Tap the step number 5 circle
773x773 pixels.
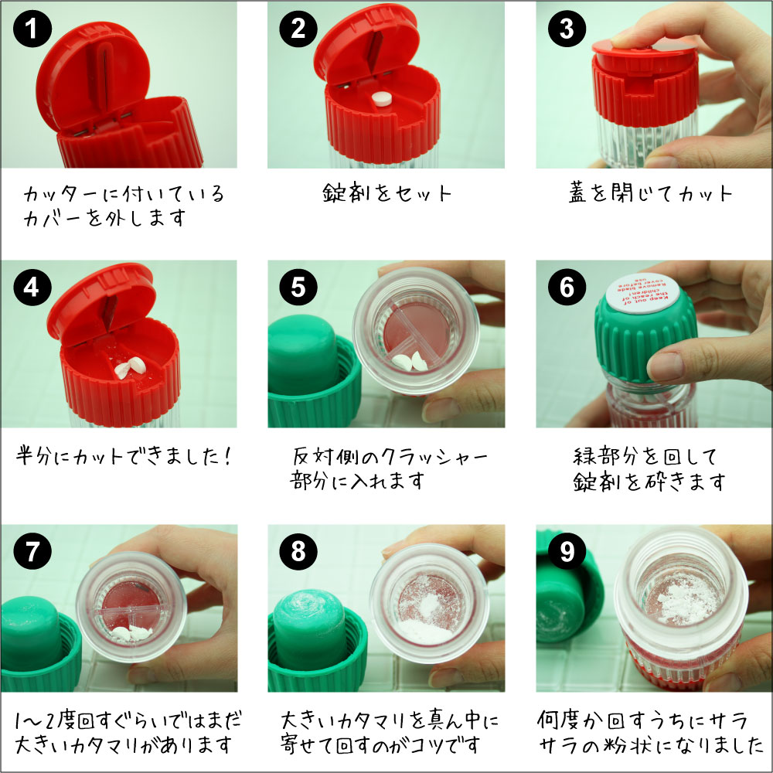coord(298,288)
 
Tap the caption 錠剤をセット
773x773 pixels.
coord(386,193)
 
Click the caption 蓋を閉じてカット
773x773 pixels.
coord(649,193)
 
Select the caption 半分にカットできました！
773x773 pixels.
coord(124,456)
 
